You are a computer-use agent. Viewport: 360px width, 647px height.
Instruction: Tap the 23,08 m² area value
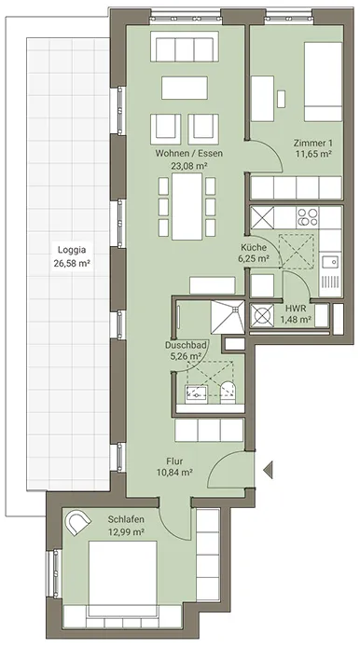[x=188, y=166]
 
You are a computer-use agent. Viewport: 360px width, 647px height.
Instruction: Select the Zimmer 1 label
[x=313, y=144]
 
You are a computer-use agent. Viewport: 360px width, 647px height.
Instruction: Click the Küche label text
[x=254, y=248]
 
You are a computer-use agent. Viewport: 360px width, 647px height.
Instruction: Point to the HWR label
[x=295, y=309]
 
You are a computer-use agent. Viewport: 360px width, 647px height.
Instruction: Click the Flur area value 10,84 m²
[x=174, y=472]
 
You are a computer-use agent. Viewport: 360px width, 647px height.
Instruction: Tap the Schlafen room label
[x=126, y=519]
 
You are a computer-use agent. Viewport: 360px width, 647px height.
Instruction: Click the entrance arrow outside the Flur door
[x=268, y=471]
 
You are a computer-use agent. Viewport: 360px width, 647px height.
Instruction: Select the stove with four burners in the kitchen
[x=308, y=217]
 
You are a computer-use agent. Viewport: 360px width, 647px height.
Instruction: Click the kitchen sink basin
[x=330, y=262]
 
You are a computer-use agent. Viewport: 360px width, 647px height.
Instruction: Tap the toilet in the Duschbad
[x=228, y=392]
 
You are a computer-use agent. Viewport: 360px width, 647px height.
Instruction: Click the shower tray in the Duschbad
[x=228, y=316]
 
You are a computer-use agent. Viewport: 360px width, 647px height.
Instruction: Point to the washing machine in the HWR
[x=262, y=316]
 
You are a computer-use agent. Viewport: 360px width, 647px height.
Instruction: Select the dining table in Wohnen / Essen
[x=187, y=206]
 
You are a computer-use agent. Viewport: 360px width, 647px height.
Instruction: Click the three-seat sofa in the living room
[x=184, y=47]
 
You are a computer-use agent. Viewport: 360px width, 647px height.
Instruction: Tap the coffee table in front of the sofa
[x=185, y=88]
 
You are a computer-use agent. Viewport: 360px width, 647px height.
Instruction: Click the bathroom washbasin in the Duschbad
[x=196, y=393]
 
